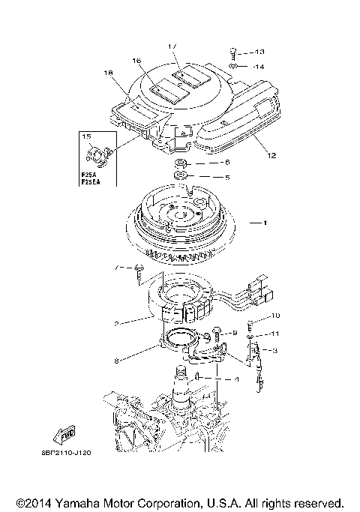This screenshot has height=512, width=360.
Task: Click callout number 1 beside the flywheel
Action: click(x=263, y=223)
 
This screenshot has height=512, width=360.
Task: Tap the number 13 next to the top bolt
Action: click(x=259, y=52)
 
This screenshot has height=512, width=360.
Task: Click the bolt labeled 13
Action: click(x=234, y=52)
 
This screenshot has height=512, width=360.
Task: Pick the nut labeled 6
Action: click(x=182, y=163)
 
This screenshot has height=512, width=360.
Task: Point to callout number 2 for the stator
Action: click(x=117, y=324)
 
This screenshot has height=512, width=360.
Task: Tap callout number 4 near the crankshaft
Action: click(x=237, y=380)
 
